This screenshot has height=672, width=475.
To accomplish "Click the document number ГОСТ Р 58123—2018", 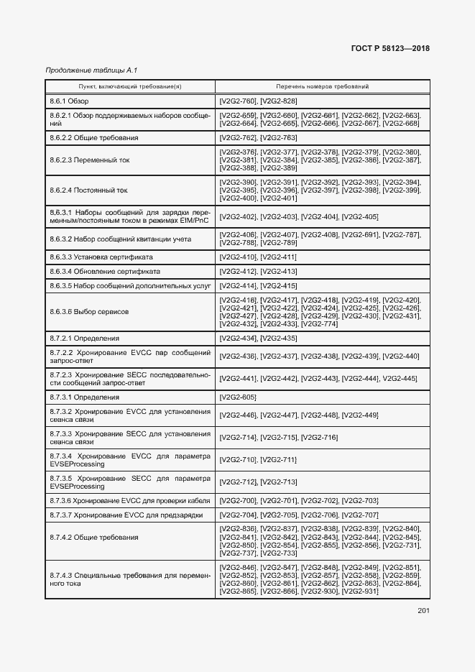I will point(390,49).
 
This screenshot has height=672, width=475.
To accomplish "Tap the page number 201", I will point(423,612).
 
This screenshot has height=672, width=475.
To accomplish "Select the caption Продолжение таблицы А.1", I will point(91,70).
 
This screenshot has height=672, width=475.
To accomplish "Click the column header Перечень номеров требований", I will point(322,86).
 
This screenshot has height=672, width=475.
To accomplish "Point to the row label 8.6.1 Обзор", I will point(69,101).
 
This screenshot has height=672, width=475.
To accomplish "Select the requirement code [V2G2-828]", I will point(279,101).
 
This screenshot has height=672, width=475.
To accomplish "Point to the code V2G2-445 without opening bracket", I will point(400,378).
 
